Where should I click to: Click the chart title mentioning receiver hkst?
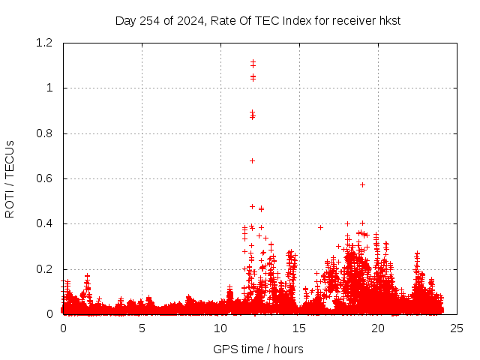pyautogui.click(x=257, y=20)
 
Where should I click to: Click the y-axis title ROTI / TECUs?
pyautogui.click(x=10, y=179)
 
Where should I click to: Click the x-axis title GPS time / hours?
pyautogui.click(x=258, y=349)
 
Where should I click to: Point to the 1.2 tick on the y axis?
pyautogui.click(x=46, y=43)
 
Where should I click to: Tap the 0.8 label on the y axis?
pyautogui.click(x=46, y=133)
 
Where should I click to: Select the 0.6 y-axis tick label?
pyautogui.click(x=46, y=178)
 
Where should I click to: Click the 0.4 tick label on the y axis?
pyautogui.click(x=46, y=223)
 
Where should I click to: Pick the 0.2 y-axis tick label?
pyautogui.click(x=46, y=269)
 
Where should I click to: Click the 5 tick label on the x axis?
pyautogui.click(x=142, y=328)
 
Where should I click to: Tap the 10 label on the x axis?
pyautogui.click(x=220, y=328)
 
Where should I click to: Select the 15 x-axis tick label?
pyautogui.click(x=299, y=328)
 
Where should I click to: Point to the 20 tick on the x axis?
pyautogui.click(x=378, y=328)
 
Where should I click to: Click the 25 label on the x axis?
pyautogui.click(x=457, y=328)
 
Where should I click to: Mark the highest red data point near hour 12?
pyautogui.click(x=253, y=62)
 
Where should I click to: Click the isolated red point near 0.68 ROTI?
pyautogui.click(x=252, y=160)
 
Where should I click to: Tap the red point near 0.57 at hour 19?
pyautogui.click(x=362, y=184)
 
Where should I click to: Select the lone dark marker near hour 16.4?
pyautogui.click(x=320, y=227)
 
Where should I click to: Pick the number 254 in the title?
pyautogui.click(x=149, y=20)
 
